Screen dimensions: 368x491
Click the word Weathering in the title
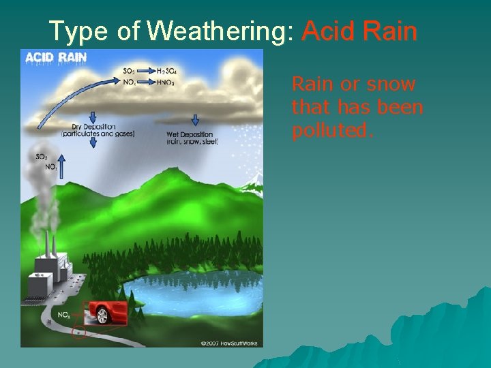pyautogui.click(x=220, y=31)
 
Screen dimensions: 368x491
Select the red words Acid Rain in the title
pyautogui.click(x=359, y=31)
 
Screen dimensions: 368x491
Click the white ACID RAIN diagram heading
pyautogui.click(x=56, y=58)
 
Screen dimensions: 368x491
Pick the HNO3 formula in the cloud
pyautogui.click(x=166, y=82)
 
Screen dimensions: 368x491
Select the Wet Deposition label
pyautogui.click(x=190, y=134)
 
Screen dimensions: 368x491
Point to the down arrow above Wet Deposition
pyautogui.click(x=195, y=119)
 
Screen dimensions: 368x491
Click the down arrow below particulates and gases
pyautogui.click(x=93, y=142)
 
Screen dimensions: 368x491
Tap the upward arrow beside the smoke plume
pyautogui.click(x=60, y=166)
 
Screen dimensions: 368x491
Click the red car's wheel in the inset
pyautogui.click(x=103, y=316)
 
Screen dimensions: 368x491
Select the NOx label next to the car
pyautogui.click(x=63, y=315)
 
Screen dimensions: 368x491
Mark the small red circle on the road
pyautogui.click(x=79, y=334)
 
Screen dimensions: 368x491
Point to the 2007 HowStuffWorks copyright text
pyautogui.click(x=229, y=342)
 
